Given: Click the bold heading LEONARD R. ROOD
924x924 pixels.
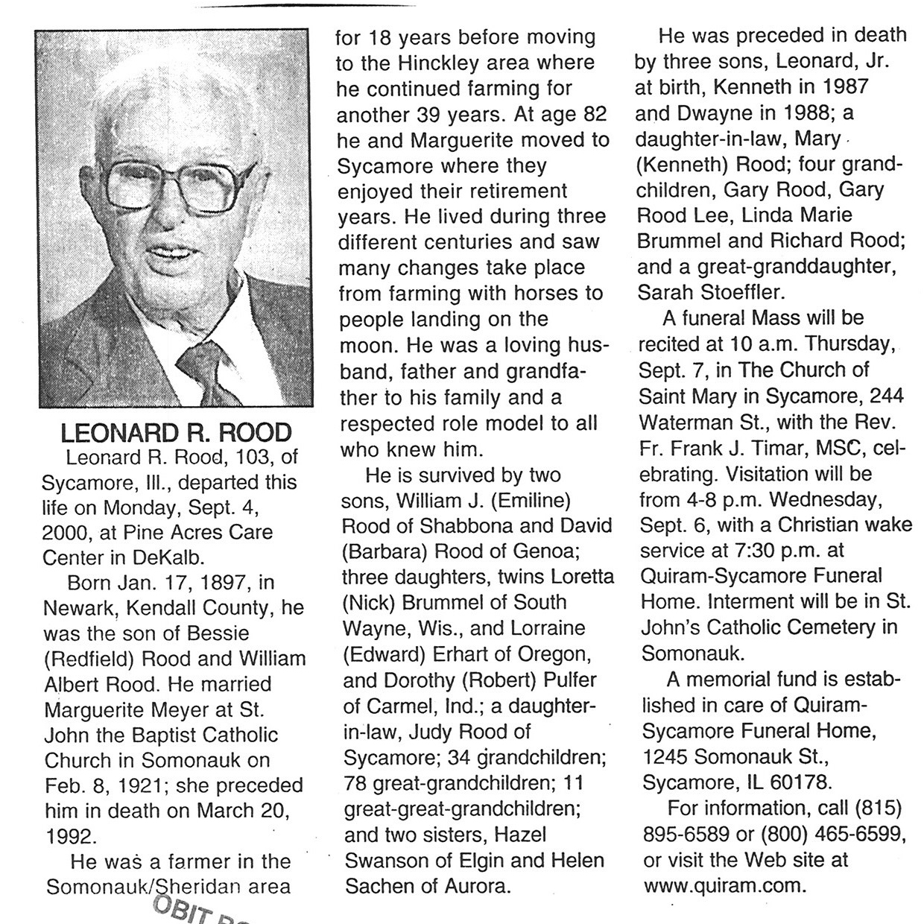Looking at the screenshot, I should [176, 433].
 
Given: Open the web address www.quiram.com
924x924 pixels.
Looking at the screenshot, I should [723, 887].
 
